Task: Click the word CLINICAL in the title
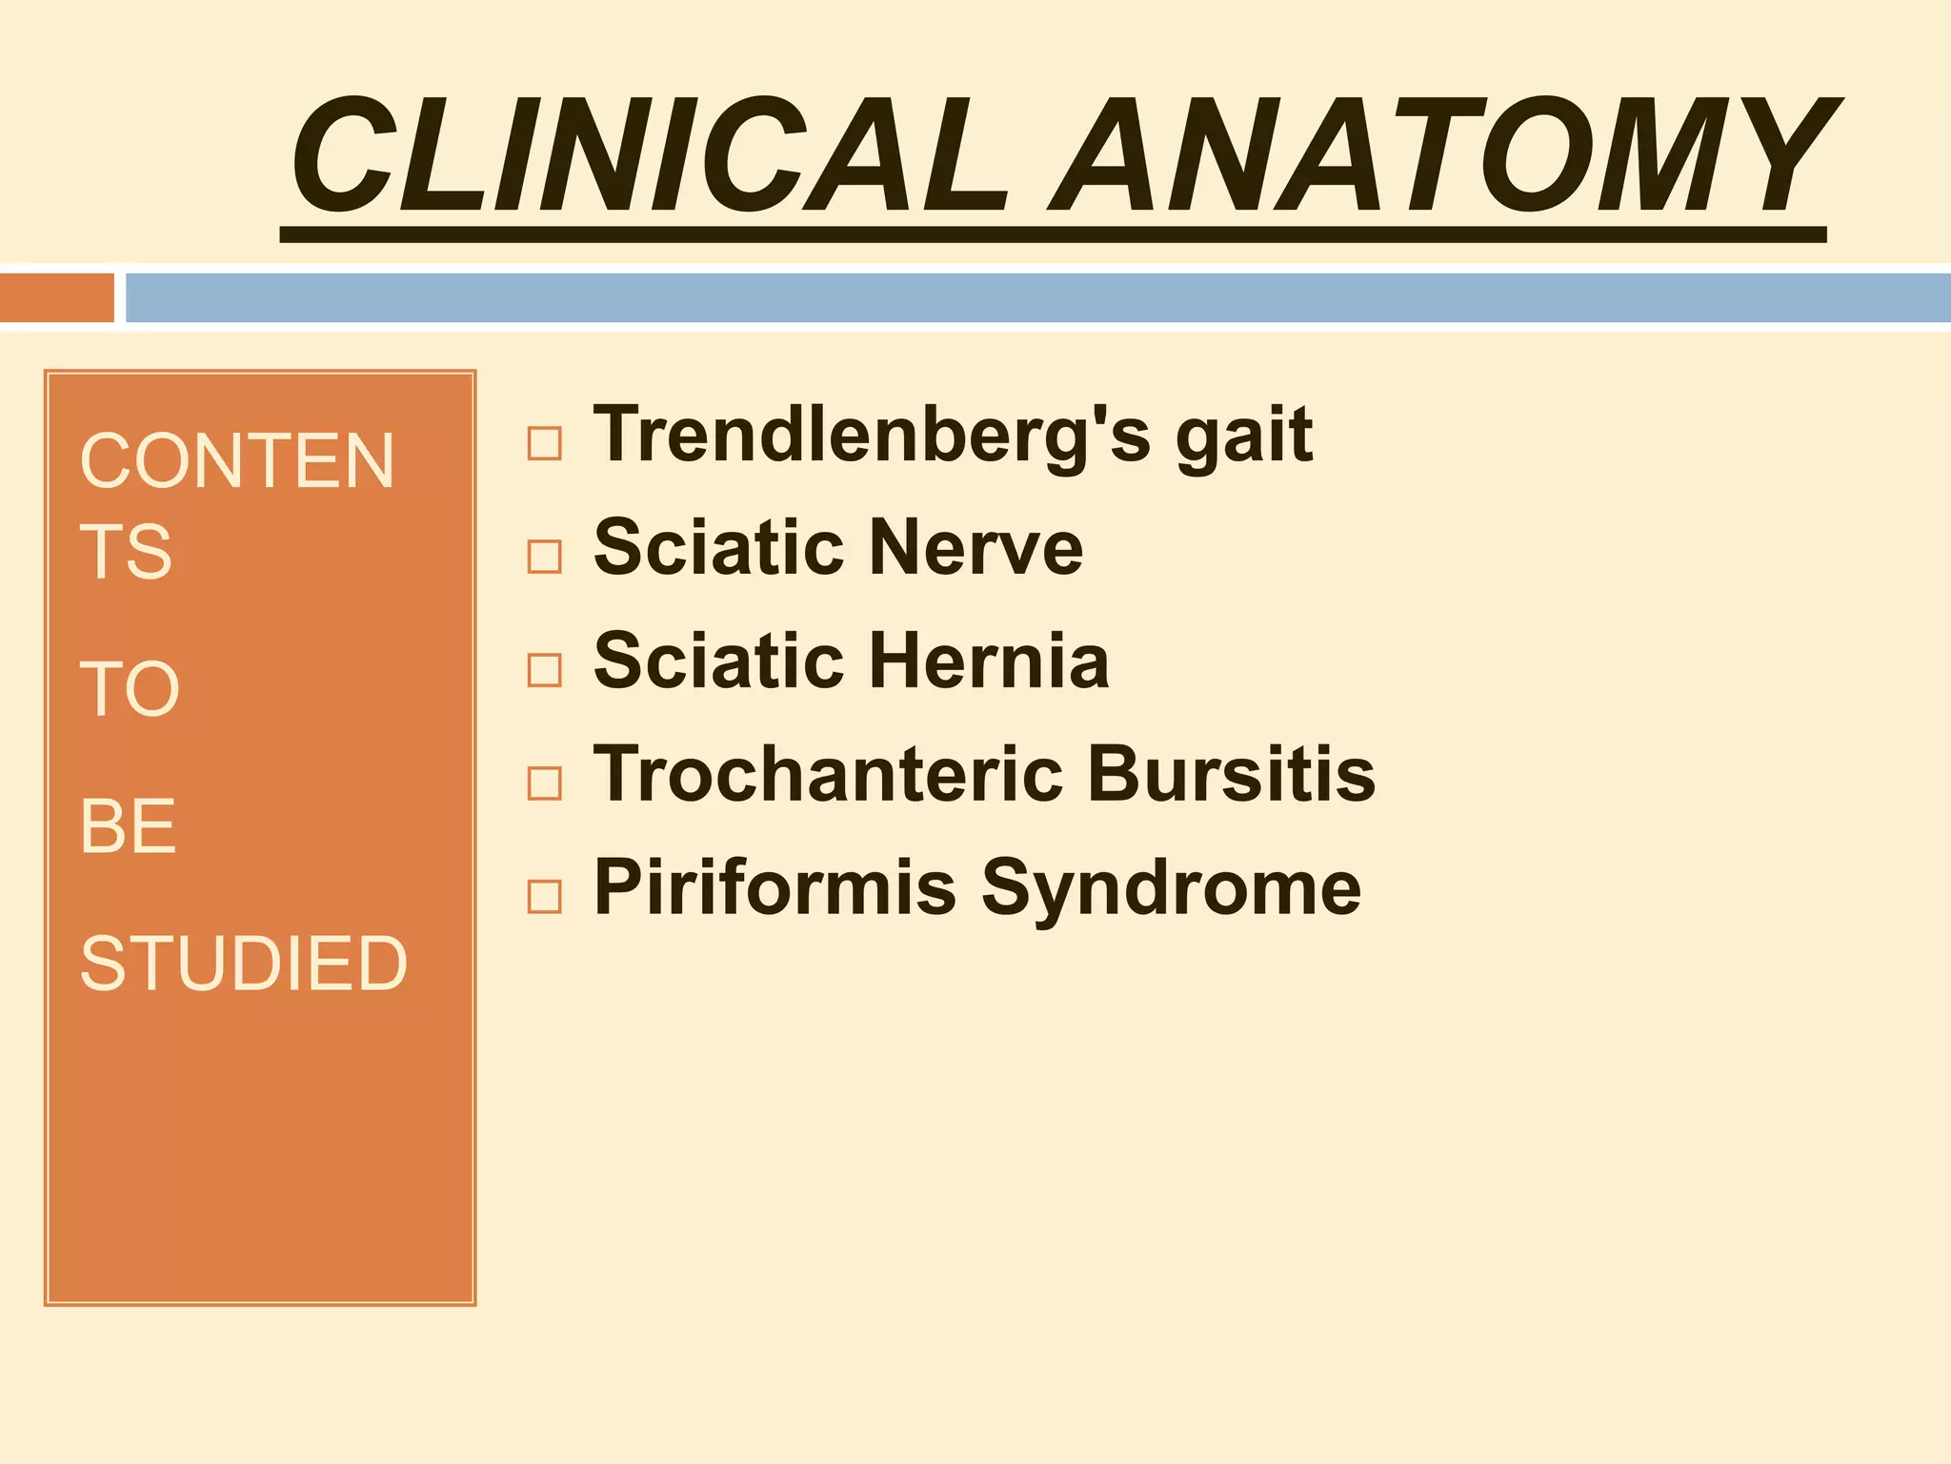(648, 157)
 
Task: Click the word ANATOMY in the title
(1443, 157)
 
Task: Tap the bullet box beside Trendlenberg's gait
(544, 443)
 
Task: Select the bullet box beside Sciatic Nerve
(544, 556)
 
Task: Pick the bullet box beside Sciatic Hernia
(544, 670)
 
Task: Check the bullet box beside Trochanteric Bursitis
(544, 783)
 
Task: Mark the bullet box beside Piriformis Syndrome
(544, 896)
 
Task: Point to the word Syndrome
(1171, 889)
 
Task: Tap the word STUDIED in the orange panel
(244, 964)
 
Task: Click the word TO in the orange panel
(130, 689)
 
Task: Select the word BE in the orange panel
(128, 826)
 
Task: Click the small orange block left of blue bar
(56, 297)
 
